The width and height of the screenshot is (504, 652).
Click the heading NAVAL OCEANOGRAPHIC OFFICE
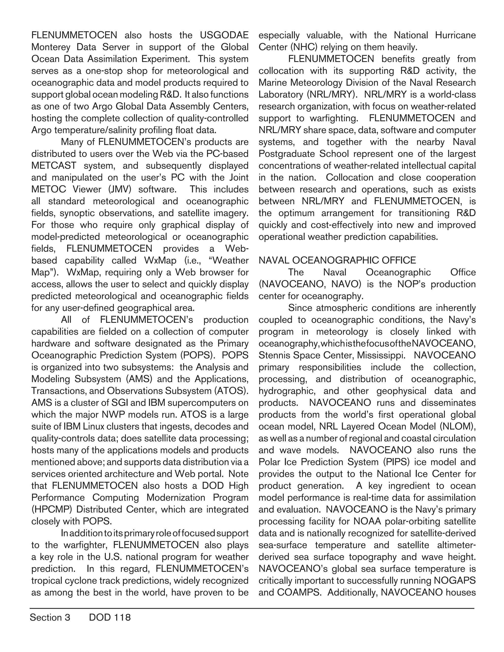337,260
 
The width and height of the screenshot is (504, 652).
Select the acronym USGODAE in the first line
224,35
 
